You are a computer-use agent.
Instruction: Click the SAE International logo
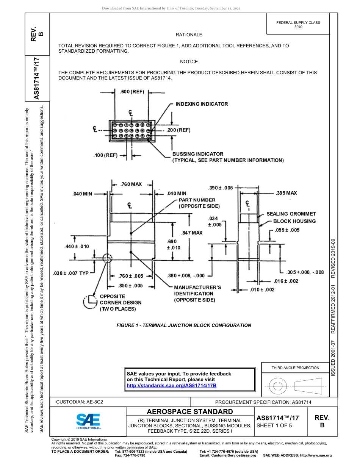coord(88,421)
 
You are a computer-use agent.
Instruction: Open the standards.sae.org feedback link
coord(171,385)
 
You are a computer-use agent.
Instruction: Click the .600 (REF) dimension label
coord(132,92)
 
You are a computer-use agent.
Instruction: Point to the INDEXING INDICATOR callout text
coord(202,104)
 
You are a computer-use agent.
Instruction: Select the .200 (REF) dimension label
coord(178,130)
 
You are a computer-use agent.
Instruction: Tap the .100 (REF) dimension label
coord(105,155)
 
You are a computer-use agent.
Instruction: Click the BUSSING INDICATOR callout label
coord(198,154)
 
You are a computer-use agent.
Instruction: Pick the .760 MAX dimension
coord(131,184)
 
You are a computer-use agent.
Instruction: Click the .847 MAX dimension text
coord(192,233)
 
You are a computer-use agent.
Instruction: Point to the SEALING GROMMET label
coord(291,214)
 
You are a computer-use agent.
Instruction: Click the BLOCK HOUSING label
coord(294,221)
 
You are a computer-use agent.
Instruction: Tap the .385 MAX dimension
coord(286,193)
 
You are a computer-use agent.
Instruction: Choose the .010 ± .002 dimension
coord(262,289)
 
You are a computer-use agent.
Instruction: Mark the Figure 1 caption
coord(183,325)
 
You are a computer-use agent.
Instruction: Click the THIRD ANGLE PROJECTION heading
coord(295,367)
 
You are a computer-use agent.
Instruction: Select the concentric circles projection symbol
coord(278,386)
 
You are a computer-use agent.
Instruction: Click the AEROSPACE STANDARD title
coord(190,411)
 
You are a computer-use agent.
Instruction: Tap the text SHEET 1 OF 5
coord(274,425)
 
